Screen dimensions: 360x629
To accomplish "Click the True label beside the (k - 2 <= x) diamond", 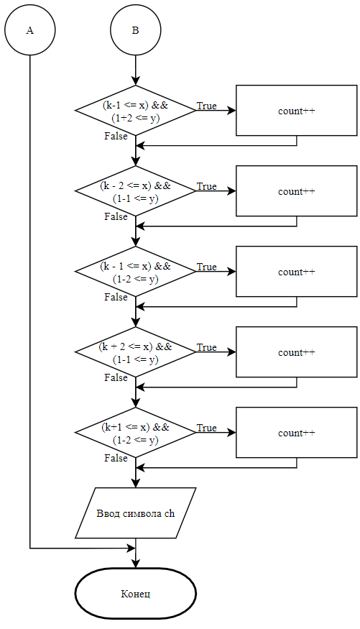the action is tap(206, 186).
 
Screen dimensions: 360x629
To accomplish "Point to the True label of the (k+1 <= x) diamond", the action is tap(206, 428).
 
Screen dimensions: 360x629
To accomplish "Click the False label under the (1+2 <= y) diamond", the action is tap(116, 136).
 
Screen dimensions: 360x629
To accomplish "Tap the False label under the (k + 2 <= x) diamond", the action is tap(116, 377).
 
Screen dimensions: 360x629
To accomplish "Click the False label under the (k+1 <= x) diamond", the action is tap(116, 458).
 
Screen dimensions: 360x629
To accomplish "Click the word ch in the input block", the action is tap(170, 513).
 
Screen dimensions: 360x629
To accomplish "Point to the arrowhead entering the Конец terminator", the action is tap(136, 564).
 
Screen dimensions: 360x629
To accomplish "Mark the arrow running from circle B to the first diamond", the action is tap(136, 70).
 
